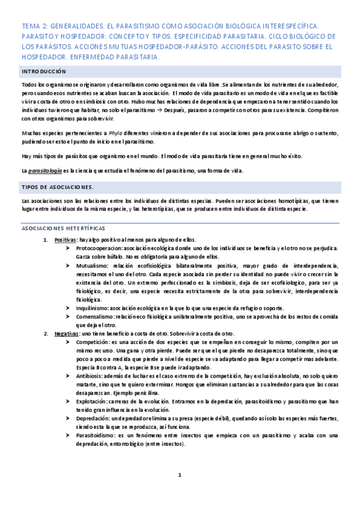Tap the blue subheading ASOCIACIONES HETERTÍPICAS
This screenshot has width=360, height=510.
point(63,229)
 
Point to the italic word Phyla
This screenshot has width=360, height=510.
point(114,132)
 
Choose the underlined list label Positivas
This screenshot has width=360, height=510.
point(65,239)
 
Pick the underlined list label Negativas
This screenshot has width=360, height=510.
point(66,334)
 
